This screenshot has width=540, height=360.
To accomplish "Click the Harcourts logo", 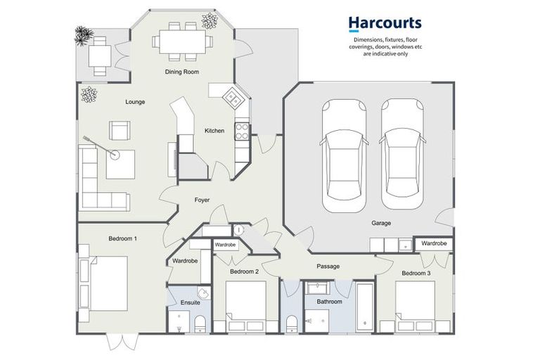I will tap(385, 25).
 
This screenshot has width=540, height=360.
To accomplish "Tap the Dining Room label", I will tap(182, 72).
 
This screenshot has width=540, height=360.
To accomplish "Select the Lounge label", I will tap(135, 102).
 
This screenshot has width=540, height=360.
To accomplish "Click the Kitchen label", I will tap(214, 131).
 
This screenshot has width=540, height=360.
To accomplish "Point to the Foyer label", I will tap(202, 200).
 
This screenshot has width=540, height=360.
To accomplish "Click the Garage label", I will tap(381, 223).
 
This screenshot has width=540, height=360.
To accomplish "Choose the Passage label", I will tap(328, 266).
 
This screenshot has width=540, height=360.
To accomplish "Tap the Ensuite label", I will tap(190, 302).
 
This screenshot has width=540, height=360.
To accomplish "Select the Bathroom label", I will tap(329, 302).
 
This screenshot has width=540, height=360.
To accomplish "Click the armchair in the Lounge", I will tap(120, 131).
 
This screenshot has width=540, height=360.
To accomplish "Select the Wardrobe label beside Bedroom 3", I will tap(434, 243).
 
